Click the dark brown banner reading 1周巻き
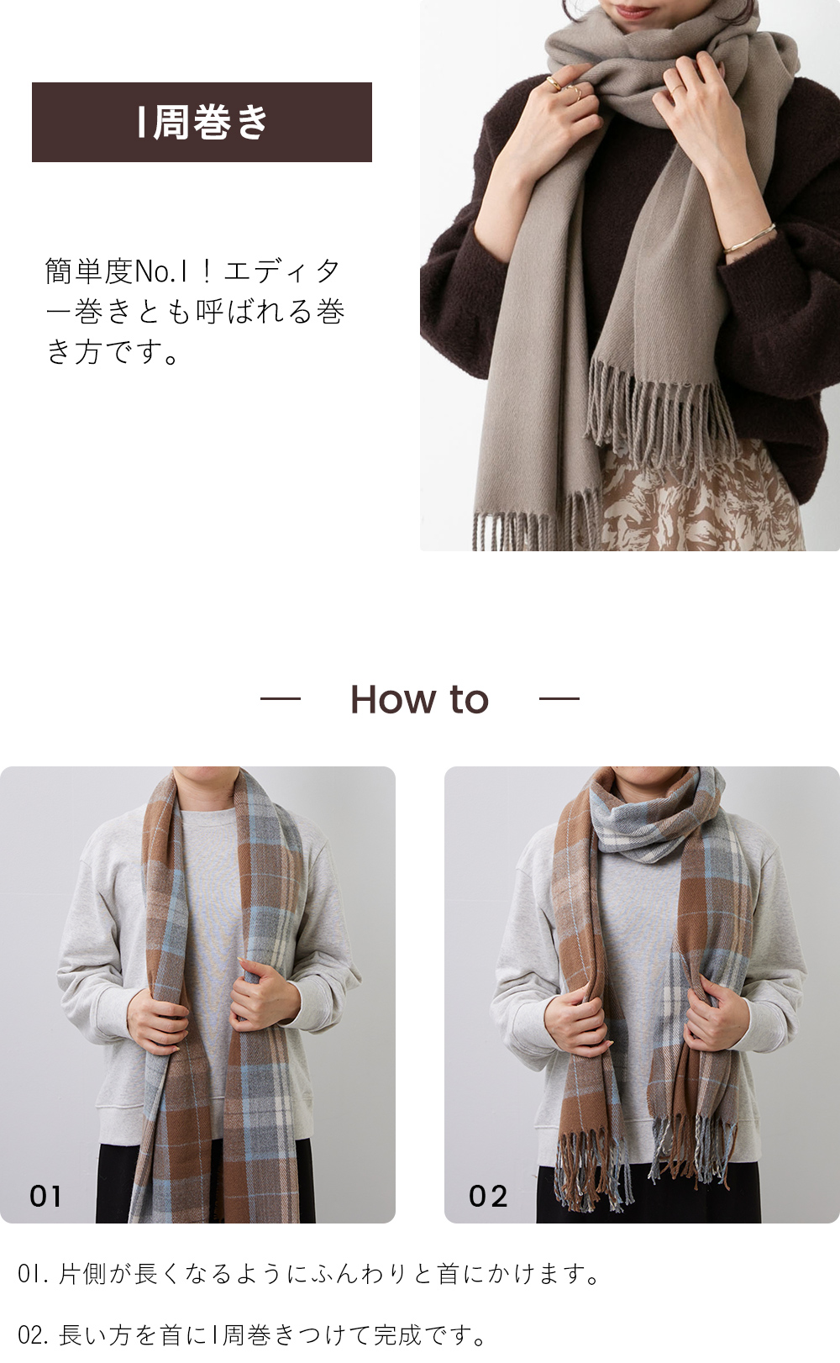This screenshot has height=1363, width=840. point(202,122)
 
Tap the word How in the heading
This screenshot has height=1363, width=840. point(394,699)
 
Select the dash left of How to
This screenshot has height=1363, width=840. point(281,699)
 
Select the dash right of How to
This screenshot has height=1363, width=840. point(559,699)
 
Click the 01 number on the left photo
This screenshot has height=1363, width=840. point(45,1196)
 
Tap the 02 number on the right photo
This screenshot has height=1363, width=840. point(487,1196)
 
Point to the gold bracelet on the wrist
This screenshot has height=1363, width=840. point(749,238)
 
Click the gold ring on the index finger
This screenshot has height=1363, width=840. point(554,83)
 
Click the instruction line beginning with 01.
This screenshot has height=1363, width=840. point(309,1274)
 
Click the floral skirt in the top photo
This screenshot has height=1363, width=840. point(700,499)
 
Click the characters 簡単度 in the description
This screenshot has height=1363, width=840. point(89,271)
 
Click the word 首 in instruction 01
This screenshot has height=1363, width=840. point(448,1274)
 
